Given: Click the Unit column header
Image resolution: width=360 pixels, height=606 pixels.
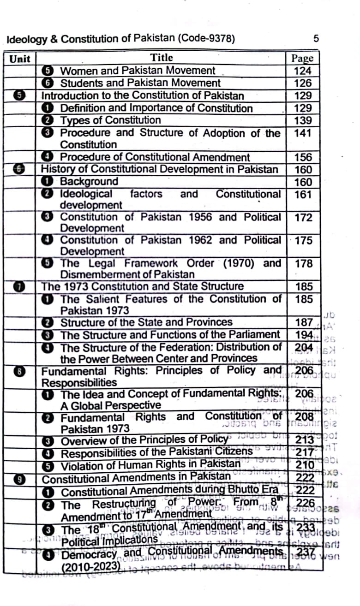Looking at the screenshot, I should point(19,59).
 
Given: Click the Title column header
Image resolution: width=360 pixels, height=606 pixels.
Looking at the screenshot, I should point(162,58).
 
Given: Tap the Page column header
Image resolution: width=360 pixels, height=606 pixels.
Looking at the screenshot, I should point(302,59).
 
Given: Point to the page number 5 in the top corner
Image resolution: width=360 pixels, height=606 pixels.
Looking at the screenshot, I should point(315,39).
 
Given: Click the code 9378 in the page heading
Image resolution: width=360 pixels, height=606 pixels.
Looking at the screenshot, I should point(219,39).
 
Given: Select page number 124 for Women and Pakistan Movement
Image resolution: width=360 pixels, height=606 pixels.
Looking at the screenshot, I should point(303,71).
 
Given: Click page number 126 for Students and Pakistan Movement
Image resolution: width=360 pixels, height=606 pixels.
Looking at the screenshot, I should point(303,83).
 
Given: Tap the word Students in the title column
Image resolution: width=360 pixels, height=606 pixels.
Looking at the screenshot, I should point(82,83).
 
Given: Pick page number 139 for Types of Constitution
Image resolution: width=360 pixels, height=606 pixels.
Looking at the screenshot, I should point(303,121).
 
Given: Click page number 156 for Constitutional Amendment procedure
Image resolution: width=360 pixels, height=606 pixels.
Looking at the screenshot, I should point(303,157).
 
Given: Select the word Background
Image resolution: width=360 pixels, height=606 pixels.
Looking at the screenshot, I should point(89,182).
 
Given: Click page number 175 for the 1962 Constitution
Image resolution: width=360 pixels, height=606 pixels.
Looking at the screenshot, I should point(303,241).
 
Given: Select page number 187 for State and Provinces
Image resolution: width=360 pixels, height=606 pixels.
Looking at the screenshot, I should point(303,322).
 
